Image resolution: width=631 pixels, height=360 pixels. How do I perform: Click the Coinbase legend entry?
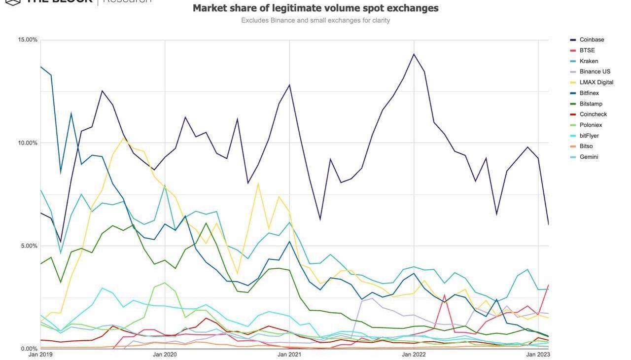tap(592, 40)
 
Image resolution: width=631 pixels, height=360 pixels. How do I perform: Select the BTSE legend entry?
tap(588, 50)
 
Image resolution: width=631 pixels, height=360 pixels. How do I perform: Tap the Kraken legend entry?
tap(589, 61)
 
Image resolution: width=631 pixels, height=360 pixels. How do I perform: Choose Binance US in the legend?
tap(595, 72)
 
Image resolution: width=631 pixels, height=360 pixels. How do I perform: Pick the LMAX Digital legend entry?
tap(596, 82)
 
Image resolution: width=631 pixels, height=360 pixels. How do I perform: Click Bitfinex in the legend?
tap(589, 93)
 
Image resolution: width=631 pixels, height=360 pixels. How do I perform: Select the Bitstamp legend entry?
tap(591, 104)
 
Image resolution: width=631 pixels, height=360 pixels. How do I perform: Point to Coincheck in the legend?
tap(593, 114)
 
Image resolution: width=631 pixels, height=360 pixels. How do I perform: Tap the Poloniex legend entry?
tap(591, 125)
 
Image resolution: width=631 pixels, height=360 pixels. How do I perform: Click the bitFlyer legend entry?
tap(589, 136)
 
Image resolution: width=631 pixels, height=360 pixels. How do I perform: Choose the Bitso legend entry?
tap(586, 146)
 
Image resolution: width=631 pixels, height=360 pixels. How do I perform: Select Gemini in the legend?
tap(589, 157)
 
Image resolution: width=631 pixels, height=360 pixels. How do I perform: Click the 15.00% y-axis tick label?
tap(28, 40)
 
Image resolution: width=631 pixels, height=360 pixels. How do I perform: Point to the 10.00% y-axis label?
tap(28, 143)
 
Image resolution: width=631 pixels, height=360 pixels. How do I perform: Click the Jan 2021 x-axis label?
tap(289, 355)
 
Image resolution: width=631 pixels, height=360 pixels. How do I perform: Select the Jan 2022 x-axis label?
tap(414, 355)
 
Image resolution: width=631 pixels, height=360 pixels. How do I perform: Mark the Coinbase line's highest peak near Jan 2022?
tap(414, 54)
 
